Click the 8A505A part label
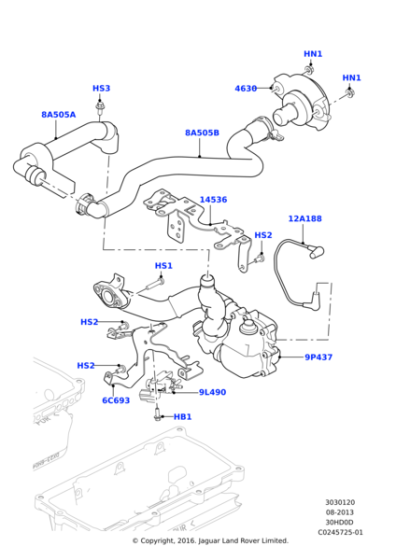(58, 115)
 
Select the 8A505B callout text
(201, 132)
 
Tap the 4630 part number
(246, 89)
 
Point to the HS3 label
(101, 89)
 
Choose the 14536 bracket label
(213, 200)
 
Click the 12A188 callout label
(305, 218)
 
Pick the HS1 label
(164, 266)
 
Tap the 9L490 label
(212, 393)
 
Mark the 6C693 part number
(116, 401)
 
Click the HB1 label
(182, 417)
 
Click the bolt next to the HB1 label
(158, 415)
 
